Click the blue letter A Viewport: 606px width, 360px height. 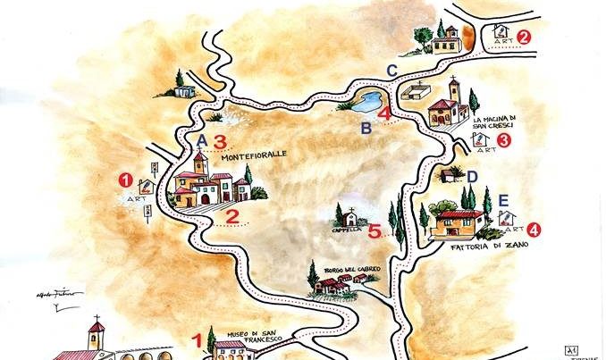[202, 141]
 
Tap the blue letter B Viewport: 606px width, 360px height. [366, 129]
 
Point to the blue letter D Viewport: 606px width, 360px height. [473, 177]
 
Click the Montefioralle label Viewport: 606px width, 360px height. [255, 155]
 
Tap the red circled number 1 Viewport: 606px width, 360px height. [126, 179]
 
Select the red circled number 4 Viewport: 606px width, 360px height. [534, 230]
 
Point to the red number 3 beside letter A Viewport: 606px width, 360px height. [219, 140]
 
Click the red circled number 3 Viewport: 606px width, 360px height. [504, 140]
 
